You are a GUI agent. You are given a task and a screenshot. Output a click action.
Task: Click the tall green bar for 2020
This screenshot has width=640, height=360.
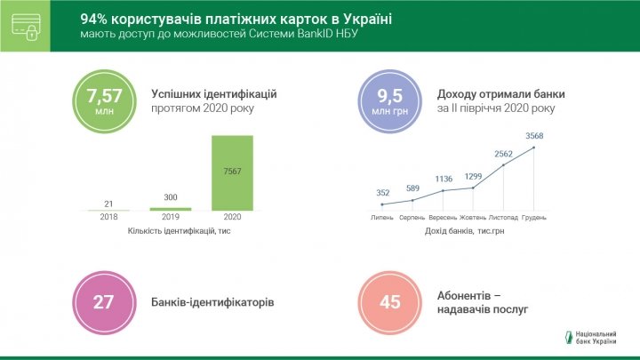(231, 173)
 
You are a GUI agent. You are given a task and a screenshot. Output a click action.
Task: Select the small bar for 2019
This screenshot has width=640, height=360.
(170, 209)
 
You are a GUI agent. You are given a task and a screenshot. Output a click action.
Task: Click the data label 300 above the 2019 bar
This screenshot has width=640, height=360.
(170, 198)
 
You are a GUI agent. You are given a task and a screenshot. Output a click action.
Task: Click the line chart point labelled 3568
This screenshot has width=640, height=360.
(533, 148)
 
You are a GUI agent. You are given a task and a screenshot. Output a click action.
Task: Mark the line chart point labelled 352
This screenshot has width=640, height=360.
(383, 204)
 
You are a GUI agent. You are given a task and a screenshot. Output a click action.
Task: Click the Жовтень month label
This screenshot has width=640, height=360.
(473, 218)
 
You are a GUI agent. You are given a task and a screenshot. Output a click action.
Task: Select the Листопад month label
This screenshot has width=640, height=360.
(503, 218)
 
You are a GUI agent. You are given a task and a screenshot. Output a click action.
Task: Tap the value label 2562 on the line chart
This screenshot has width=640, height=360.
(504, 153)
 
